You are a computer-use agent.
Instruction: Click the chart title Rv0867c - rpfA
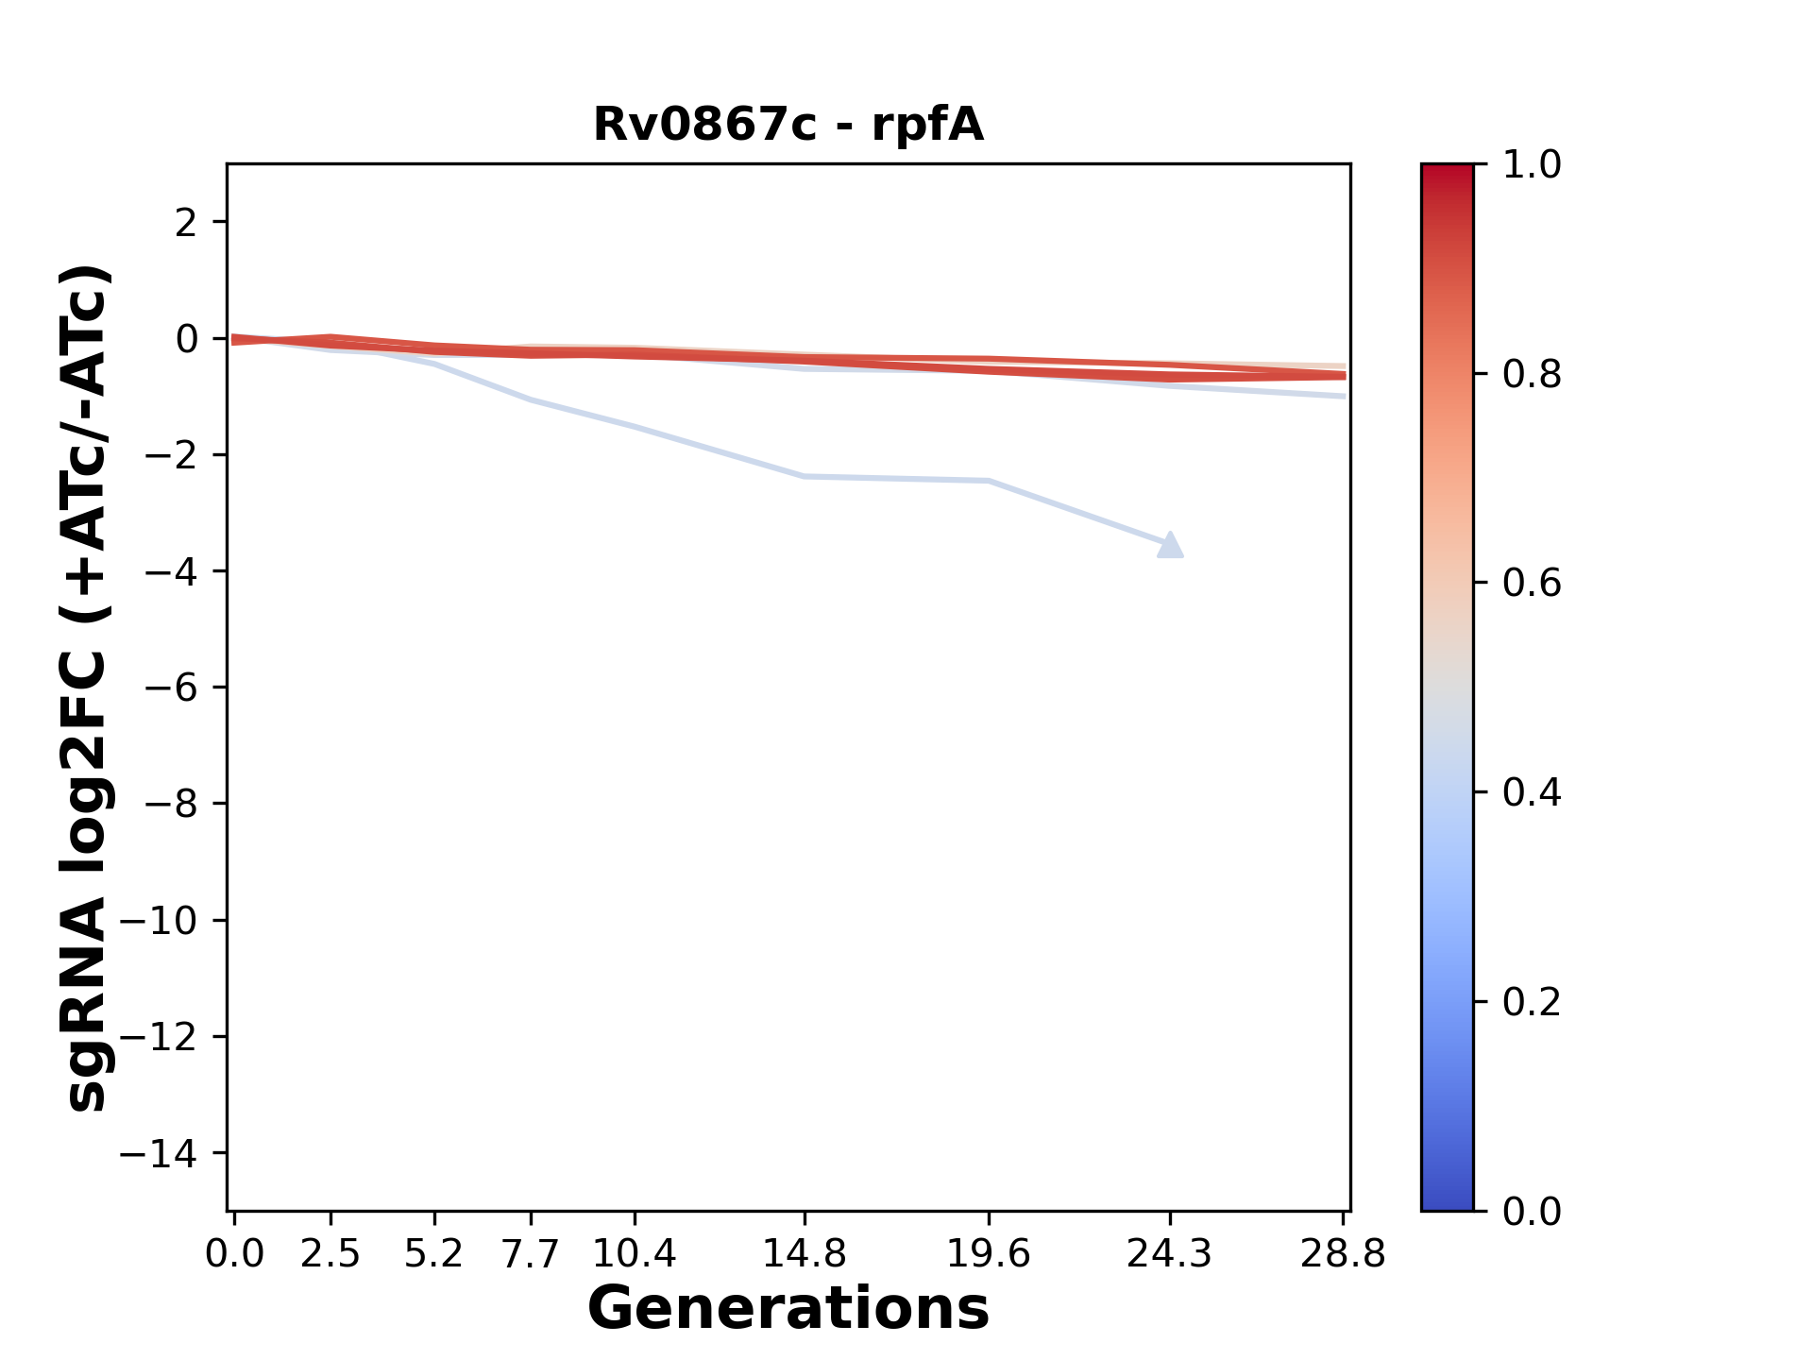pos(788,125)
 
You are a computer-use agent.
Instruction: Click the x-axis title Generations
pos(788,1309)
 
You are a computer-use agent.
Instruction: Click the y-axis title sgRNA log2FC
pos(87,688)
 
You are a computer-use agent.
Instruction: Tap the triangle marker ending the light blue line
pos(1170,546)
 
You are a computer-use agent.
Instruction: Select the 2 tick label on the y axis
pos(186,223)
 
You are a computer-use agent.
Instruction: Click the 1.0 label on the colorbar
pos(1532,165)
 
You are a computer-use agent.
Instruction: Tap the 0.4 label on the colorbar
pos(1532,792)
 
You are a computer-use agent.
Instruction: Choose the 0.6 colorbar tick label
pos(1532,584)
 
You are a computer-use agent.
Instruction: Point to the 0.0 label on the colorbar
pos(1532,1211)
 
